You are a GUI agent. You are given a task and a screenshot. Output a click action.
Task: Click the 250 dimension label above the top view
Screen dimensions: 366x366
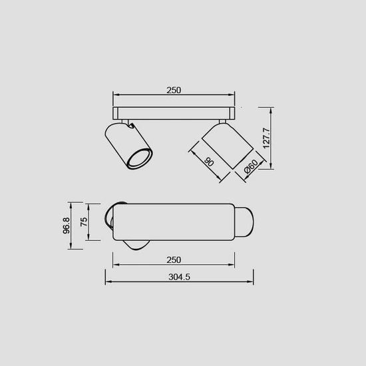coord(174,90)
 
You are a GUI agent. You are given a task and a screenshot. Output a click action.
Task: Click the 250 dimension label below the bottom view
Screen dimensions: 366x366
coord(174,260)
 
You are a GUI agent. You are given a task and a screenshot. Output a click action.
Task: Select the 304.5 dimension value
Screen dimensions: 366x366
coord(179,277)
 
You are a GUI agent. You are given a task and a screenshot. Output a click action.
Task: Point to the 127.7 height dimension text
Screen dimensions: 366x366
coord(266,138)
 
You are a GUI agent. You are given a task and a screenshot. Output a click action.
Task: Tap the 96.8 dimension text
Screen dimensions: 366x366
coord(67,226)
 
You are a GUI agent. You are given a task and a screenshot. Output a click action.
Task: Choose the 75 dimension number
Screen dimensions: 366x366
coord(84,222)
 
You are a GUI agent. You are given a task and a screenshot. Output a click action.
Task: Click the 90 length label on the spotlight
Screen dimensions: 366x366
coord(209,162)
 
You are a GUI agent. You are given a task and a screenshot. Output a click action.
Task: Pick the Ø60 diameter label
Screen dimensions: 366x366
coord(251,166)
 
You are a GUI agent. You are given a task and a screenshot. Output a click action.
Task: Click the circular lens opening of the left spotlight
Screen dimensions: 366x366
coord(140,158)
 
